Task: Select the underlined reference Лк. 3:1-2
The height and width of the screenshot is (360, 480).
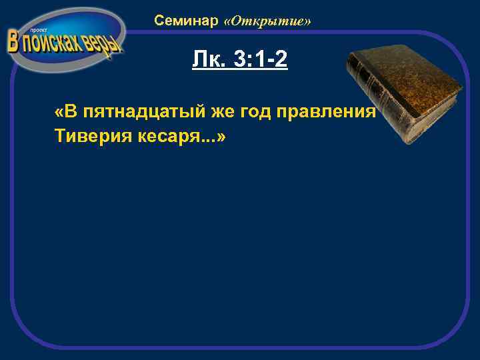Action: [239, 61]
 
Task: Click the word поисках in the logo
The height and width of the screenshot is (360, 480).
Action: [53, 44]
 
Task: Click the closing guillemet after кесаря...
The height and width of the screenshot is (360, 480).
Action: [221, 136]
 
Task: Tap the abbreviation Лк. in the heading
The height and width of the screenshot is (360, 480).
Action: [207, 61]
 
